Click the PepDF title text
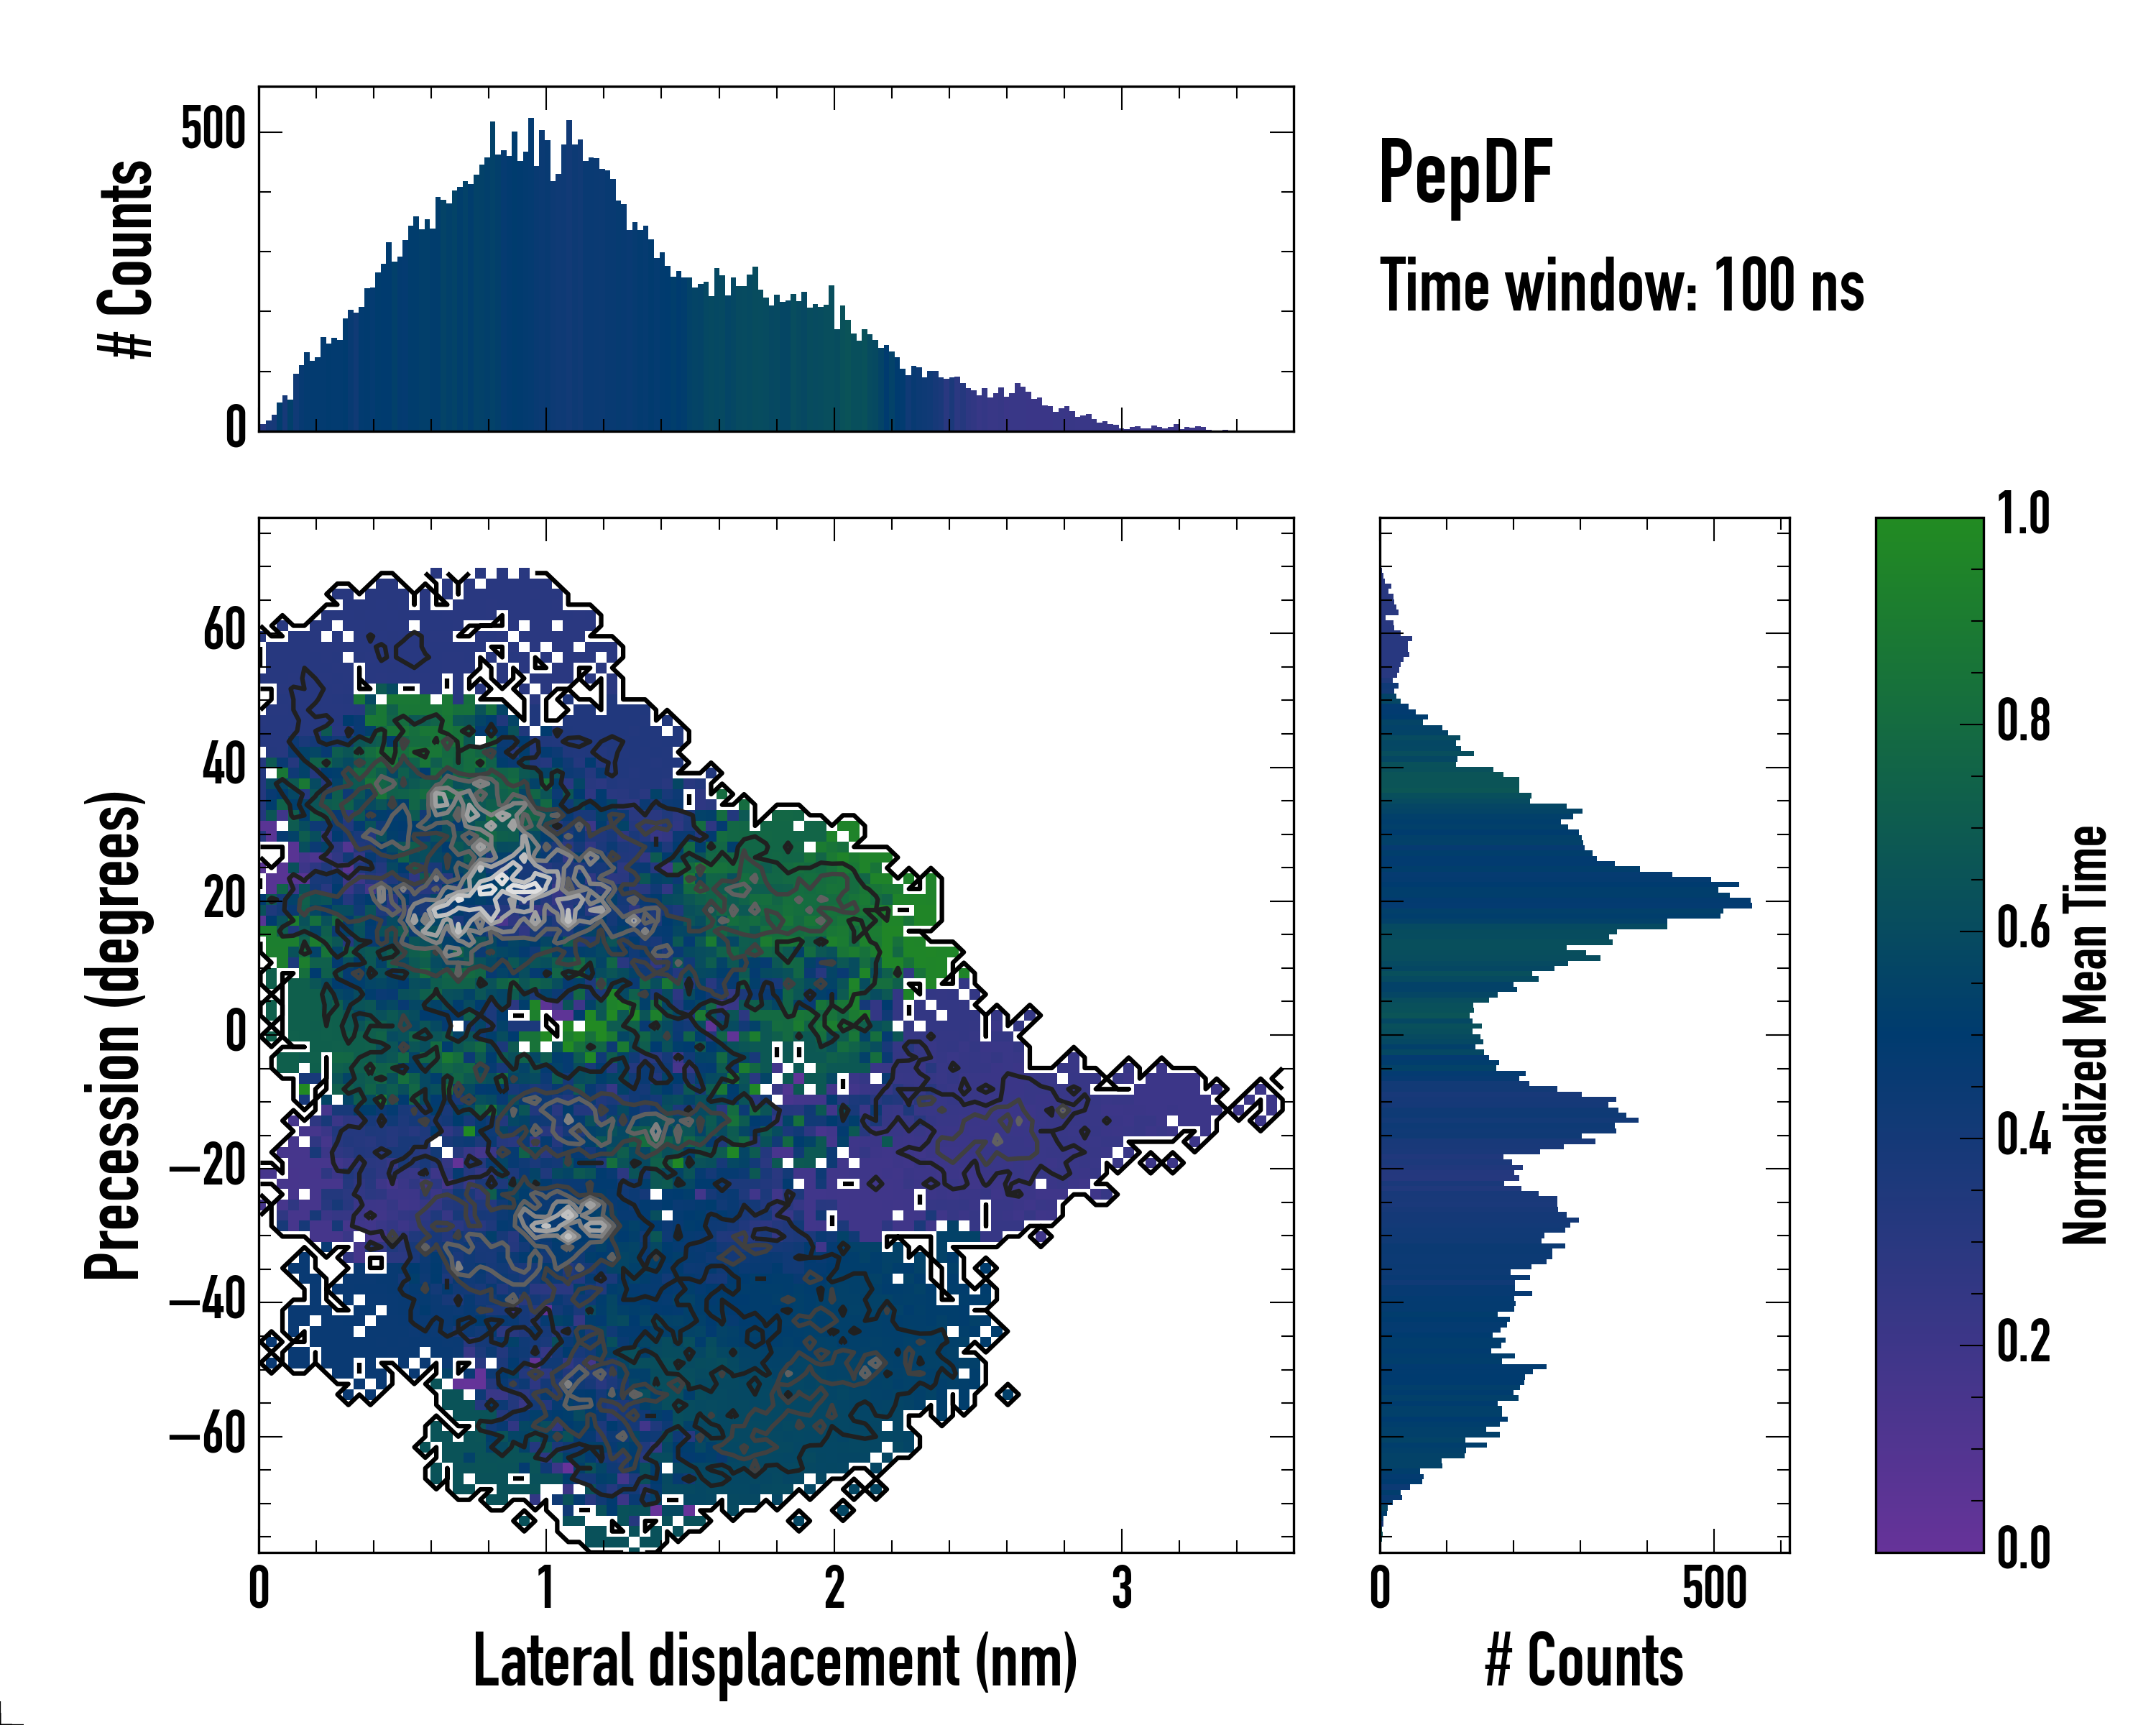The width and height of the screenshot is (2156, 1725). click(x=1465, y=173)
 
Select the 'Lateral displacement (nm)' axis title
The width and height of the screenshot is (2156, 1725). click(x=775, y=1661)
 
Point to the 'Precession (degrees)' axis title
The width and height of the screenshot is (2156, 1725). click(x=113, y=1035)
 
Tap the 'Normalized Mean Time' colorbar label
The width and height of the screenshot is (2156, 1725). click(x=2085, y=1035)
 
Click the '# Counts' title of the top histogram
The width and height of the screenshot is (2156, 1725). click(x=126, y=259)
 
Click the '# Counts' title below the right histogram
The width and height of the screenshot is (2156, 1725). click(x=1584, y=1661)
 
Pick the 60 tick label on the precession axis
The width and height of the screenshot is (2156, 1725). click(x=224, y=631)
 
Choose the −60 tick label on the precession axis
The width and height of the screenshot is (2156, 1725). click(x=208, y=1435)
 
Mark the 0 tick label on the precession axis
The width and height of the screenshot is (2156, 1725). click(x=236, y=1033)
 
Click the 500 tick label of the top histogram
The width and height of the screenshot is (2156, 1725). click(x=213, y=130)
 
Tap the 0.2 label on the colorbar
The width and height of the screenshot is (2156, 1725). click(x=2023, y=1342)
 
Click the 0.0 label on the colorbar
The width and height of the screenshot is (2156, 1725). click(x=2023, y=1549)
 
